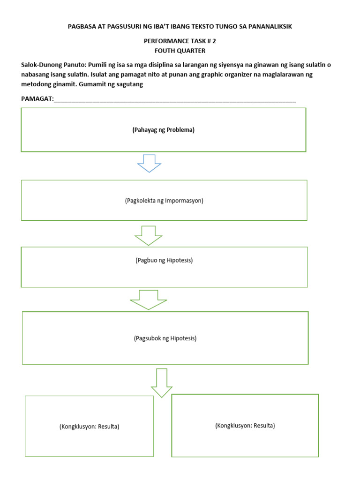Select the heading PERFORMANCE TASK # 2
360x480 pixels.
pyautogui.click(x=180, y=41)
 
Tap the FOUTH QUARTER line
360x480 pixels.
pyautogui.click(x=180, y=51)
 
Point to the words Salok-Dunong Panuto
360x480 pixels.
pyautogui.click(x=49, y=65)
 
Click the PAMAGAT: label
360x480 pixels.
pyautogui.click(x=38, y=98)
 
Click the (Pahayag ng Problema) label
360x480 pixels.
pyautogui.click(x=163, y=130)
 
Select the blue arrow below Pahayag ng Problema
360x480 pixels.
pyautogui.click(x=149, y=163)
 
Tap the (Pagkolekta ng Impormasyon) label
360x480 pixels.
pyautogui.click(x=164, y=201)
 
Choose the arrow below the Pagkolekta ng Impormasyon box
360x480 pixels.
pyautogui.click(x=149, y=235)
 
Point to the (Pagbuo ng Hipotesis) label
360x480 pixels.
pyautogui.click(x=164, y=260)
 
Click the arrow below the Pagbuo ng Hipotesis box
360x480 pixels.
pyautogui.click(x=149, y=300)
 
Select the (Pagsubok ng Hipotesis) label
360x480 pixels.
pyautogui.click(x=165, y=338)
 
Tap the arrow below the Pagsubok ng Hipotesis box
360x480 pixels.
pyautogui.click(x=161, y=382)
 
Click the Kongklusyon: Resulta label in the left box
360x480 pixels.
pyautogui.click(x=89, y=427)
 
